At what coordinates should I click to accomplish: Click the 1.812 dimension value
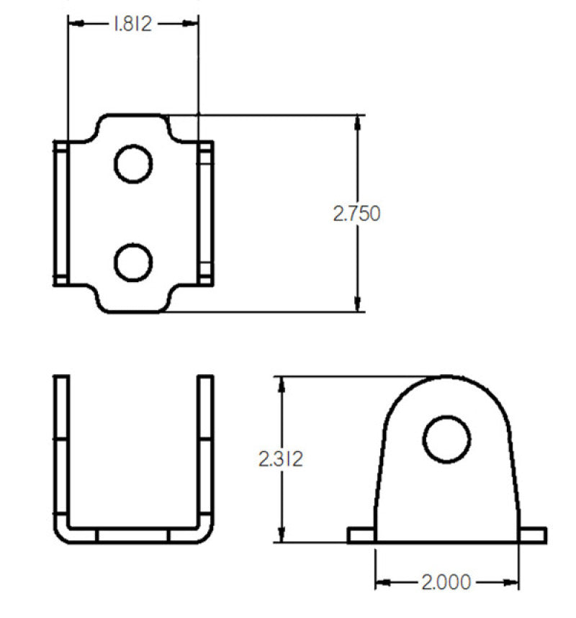coord(132,24)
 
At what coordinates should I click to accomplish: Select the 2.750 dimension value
coord(356,214)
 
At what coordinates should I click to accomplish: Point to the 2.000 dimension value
coord(446,581)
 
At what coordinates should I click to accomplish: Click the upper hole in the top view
coord(133,164)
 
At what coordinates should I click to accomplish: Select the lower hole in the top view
coord(133,262)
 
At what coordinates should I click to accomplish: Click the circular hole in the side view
coord(446,439)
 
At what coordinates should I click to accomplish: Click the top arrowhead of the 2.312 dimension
coord(282,383)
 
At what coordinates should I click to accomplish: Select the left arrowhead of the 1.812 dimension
coord(74,24)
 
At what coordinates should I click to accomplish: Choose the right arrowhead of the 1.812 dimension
coord(192,24)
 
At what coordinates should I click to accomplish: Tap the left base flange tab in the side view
coord(361,535)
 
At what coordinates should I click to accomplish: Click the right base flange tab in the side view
coord(533,535)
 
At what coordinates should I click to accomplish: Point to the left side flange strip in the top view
coord(61,213)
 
